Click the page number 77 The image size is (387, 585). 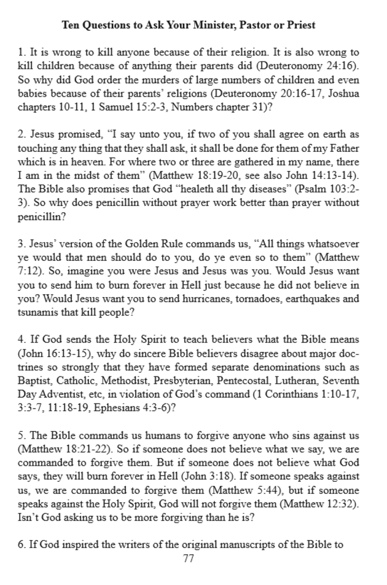pyautogui.click(x=189, y=559)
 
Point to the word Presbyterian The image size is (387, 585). pyautogui.click(x=193, y=381)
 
